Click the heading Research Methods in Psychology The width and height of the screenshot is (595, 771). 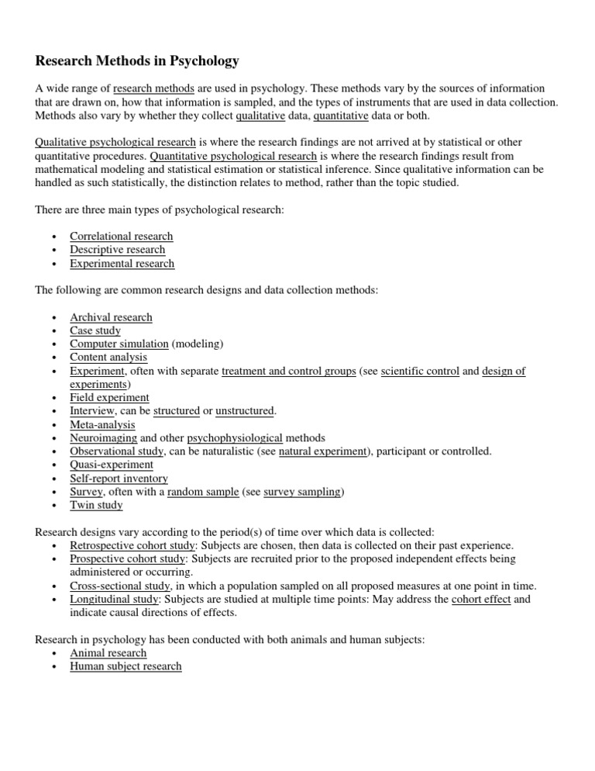tap(138, 61)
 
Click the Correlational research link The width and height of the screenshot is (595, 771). tap(121, 237)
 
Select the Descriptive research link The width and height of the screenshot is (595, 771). tap(117, 250)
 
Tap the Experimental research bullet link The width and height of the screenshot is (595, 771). tap(122, 264)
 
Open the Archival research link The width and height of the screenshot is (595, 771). tap(111, 317)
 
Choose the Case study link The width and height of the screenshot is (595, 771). tap(95, 330)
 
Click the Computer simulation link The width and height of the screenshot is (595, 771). tap(119, 344)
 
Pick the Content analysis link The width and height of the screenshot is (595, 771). tap(108, 358)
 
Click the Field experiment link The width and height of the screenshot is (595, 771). tap(109, 398)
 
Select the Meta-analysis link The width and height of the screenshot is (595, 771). tap(102, 425)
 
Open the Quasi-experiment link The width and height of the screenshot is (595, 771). tap(112, 465)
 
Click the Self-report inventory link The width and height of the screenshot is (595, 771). tap(119, 479)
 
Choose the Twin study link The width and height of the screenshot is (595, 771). tap(96, 506)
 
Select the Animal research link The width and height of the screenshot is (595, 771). tap(108, 653)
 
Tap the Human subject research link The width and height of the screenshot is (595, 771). tap(126, 666)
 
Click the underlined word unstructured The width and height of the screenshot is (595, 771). tap(245, 411)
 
